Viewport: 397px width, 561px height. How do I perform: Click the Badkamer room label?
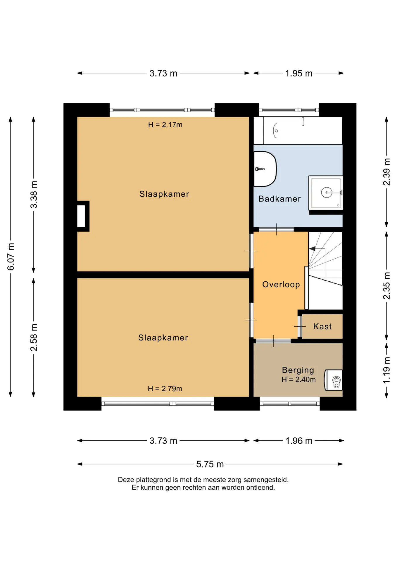pos(279,199)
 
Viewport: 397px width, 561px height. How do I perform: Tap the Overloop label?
pos(281,285)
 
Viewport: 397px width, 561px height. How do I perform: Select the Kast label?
pos(322,326)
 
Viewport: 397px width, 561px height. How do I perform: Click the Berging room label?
pos(298,370)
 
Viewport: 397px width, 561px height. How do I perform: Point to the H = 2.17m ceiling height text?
pos(165,125)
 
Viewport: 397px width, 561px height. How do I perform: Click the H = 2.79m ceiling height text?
pos(165,389)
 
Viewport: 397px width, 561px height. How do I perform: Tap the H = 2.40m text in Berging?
pos(298,380)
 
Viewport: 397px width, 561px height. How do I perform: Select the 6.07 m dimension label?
pos(11,257)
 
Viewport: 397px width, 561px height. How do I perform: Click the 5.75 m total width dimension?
pos(210,464)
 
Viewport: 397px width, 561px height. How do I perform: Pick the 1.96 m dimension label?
pos(299,441)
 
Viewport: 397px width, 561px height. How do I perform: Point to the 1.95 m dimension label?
pos(299,73)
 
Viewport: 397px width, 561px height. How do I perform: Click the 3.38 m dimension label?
pos(34,195)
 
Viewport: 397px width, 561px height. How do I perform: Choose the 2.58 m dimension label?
pos(34,337)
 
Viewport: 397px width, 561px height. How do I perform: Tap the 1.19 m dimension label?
pos(386,370)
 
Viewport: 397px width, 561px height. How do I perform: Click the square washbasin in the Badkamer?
pos(326,193)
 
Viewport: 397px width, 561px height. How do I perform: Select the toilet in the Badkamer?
pos(265,169)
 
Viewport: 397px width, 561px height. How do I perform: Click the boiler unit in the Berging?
pos(333,380)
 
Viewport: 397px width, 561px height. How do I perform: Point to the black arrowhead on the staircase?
pos(312,249)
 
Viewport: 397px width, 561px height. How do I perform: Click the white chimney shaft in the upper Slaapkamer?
pos(81,216)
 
